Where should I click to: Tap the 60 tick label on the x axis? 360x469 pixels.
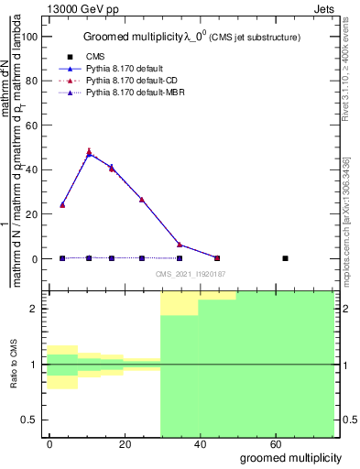tap(276, 442)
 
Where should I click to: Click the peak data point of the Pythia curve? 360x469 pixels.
tap(89, 153)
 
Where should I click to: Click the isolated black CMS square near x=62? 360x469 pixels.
tap(285, 258)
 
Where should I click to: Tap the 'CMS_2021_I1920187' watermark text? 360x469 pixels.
tap(190, 273)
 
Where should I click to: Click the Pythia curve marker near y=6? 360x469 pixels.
tap(180, 245)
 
